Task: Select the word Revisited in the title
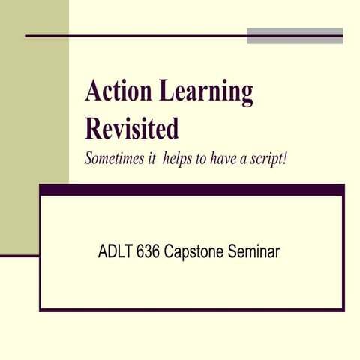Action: coord(132,128)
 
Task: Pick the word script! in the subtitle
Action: coord(267,160)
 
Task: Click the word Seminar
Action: coord(255,252)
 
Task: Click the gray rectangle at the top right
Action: coord(295,35)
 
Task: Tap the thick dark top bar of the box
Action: coord(192,190)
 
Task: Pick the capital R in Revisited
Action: coord(94,128)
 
